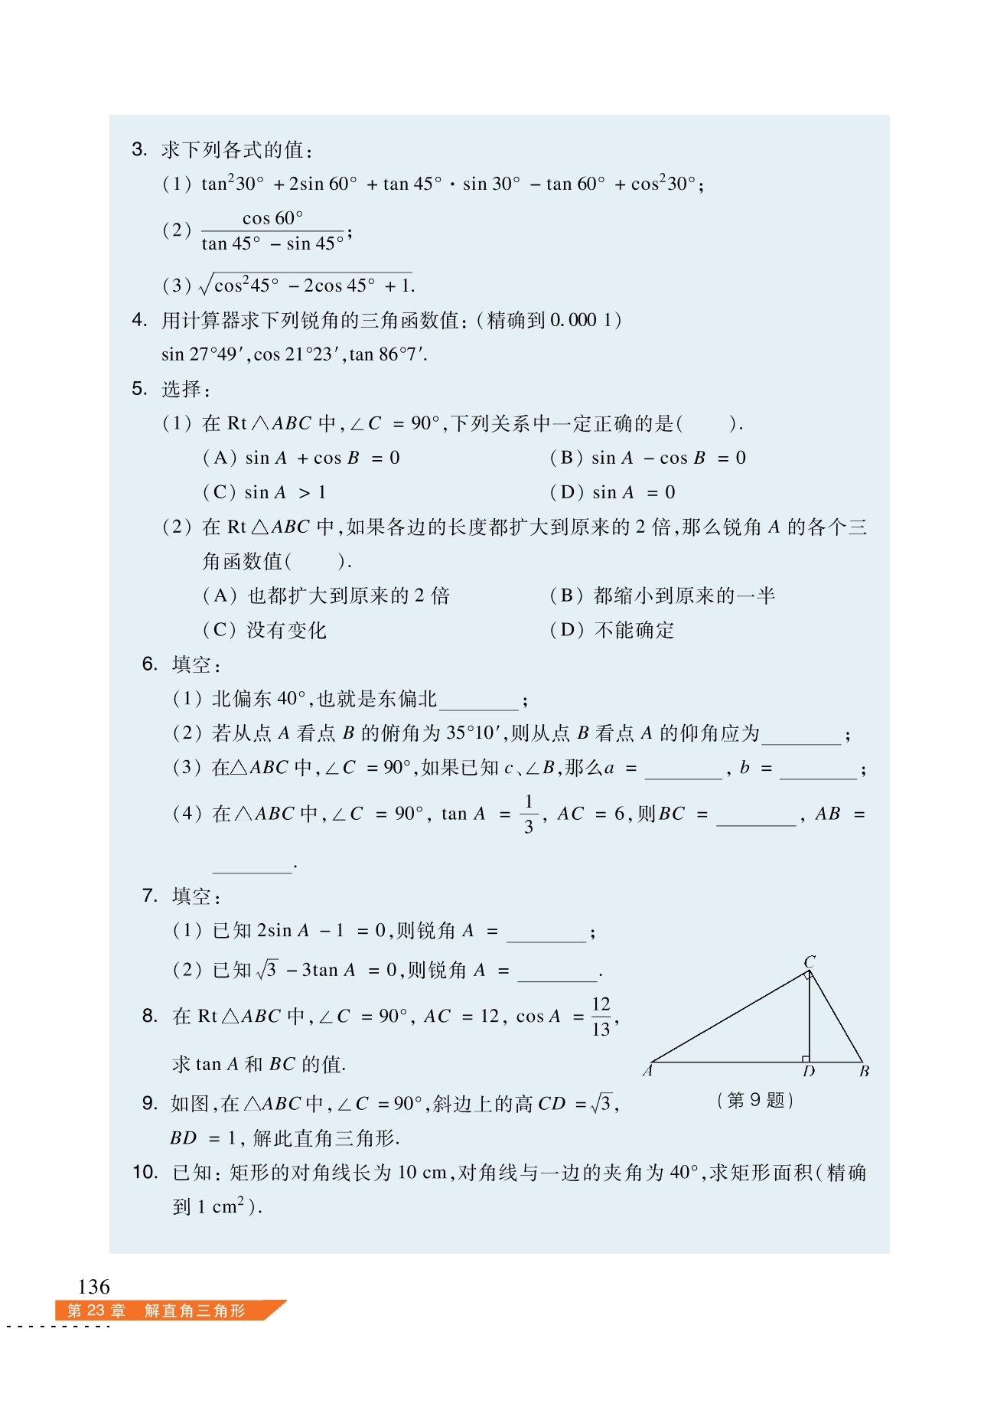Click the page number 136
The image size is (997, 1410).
click(x=94, y=1287)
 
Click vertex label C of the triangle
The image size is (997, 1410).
click(x=810, y=961)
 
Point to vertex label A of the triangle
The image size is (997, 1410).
click(x=648, y=1071)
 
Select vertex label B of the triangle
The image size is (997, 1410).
click(x=864, y=1072)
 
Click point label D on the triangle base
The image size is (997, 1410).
click(x=809, y=1072)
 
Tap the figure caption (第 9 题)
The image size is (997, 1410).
click(x=755, y=1100)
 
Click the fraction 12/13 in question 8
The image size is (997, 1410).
click(x=601, y=1017)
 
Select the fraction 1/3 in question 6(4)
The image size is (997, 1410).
click(x=528, y=814)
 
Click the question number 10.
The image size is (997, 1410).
click(x=145, y=1172)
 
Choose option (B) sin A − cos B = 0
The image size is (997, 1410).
click(x=647, y=458)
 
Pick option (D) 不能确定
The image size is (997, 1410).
click(x=612, y=630)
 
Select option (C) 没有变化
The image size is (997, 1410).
click(x=265, y=630)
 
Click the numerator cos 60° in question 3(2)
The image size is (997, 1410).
click(x=272, y=218)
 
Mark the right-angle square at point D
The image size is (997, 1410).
click(x=806, y=1059)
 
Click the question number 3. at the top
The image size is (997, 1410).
click(x=139, y=149)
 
